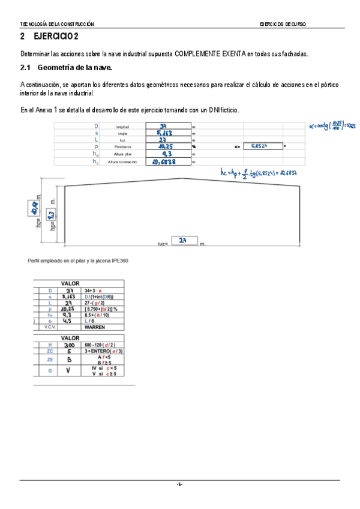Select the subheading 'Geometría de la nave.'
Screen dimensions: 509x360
75,67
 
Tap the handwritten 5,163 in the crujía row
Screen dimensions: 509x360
166,133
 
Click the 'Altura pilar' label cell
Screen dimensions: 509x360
122,154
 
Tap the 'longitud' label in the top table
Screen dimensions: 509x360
122,127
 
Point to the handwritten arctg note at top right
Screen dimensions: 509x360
332,126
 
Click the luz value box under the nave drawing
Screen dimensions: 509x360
184,241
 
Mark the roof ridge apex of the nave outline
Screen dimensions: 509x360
182,178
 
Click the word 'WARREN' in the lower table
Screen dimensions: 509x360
95,328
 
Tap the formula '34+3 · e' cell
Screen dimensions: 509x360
93,290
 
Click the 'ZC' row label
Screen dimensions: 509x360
50,352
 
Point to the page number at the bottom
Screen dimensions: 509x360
179,484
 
